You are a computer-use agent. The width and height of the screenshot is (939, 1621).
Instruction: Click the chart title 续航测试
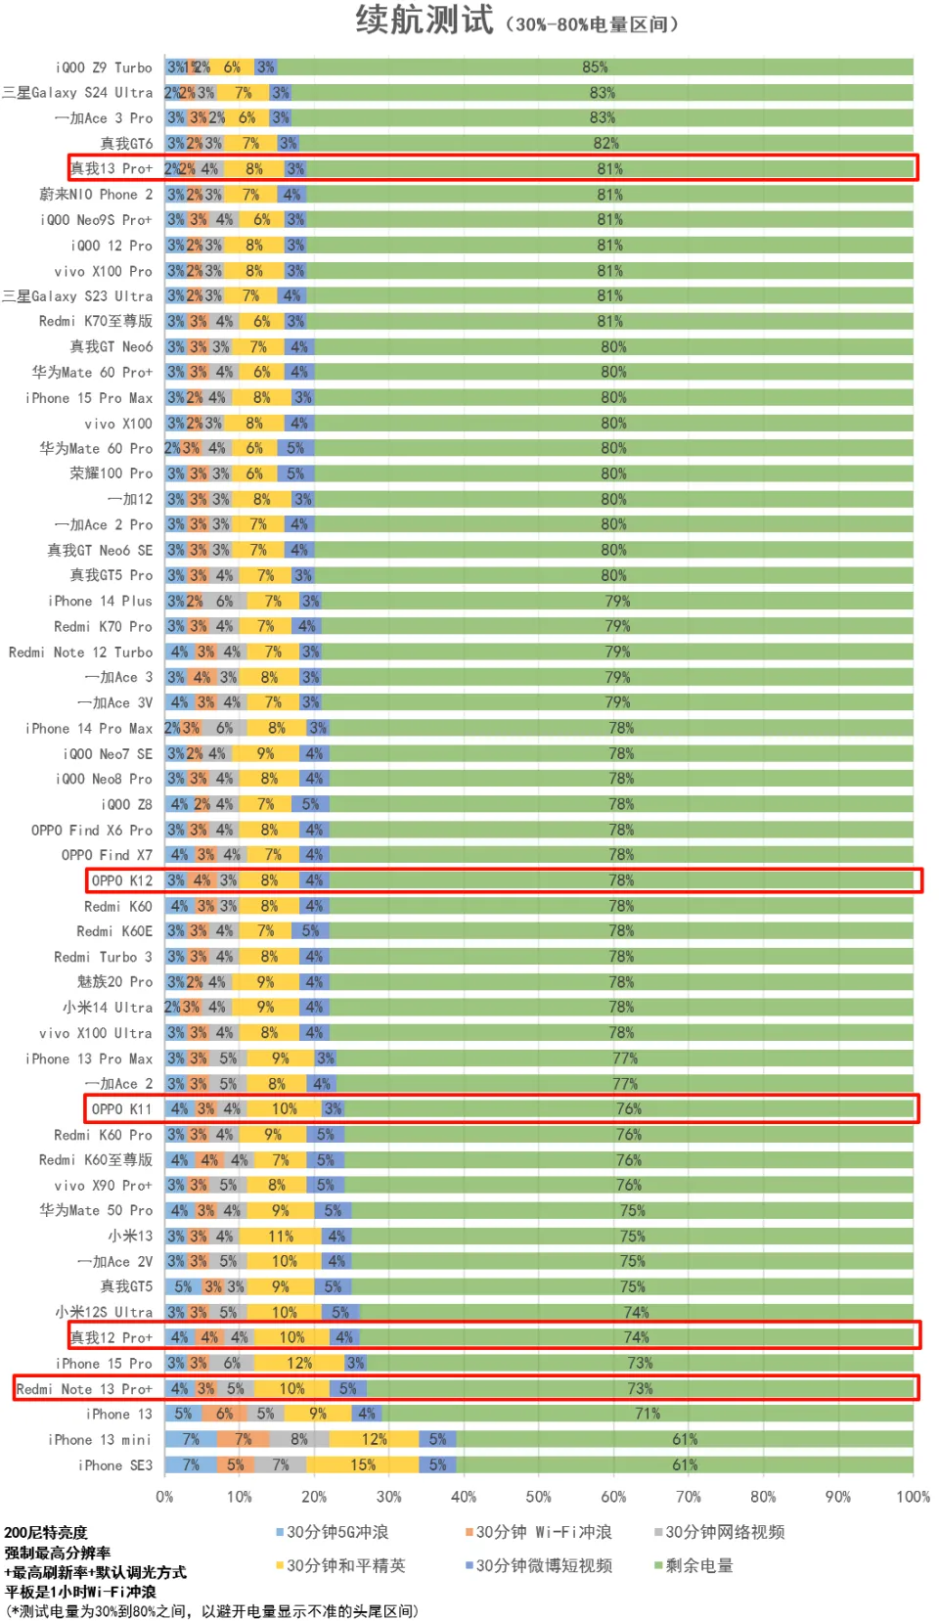(425, 20)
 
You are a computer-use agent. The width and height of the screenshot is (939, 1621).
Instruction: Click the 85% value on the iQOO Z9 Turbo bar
(595, 68)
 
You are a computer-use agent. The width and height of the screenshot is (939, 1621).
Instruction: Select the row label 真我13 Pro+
(112, 168)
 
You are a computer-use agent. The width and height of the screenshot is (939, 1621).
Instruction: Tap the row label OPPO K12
(122, 880)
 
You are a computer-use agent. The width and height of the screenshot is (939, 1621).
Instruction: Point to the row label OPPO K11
(122, 1109)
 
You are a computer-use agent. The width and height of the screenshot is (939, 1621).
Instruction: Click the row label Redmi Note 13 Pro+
(84, 1389)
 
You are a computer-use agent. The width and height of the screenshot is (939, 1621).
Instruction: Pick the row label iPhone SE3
(115, 1465)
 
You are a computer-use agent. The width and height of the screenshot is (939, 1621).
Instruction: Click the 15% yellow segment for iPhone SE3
(363, 1465)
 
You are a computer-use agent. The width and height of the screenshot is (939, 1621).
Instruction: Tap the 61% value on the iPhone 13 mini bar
(685, 1440)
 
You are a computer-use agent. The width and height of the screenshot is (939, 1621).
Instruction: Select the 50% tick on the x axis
(539, 1497)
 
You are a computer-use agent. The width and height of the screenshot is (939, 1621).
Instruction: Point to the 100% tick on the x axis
(913, 1497)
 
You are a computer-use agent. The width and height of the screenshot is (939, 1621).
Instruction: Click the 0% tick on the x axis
(164, 1497)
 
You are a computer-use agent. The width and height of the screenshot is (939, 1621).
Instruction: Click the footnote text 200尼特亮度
(46, 1532)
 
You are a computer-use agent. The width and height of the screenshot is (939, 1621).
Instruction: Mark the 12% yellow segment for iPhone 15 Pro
(299, 1364)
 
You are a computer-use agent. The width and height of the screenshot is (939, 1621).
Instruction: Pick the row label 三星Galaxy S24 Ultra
(77, 93)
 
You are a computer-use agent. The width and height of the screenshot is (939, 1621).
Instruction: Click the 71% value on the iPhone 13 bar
(648, 1415)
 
